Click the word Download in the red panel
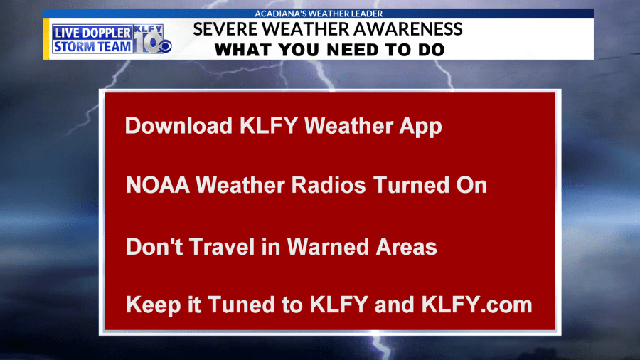[x=178, y=125]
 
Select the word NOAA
[x=158, y=185]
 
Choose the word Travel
[x=222, y=247]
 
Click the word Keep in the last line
[x=153, y=306]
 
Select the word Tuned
[x=241, y=305]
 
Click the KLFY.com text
[x=476, y=305]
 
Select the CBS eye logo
[x=165, y=46]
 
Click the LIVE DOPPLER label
[x=92, y=33]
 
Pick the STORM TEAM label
[x=92, y=46]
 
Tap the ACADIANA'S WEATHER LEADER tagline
[x=319, y=14]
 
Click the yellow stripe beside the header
[x=46, y=39]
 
